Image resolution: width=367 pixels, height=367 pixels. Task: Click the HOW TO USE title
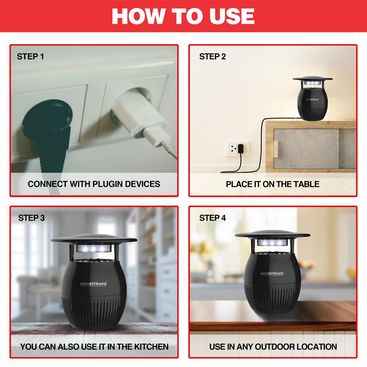point(183,15)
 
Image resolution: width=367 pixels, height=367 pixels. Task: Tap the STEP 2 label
point(212,57)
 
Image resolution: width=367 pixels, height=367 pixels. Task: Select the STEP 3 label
point(32,218)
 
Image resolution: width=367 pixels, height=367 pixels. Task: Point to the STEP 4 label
point(212,218)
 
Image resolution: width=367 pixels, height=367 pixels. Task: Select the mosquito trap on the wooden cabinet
point(313,99)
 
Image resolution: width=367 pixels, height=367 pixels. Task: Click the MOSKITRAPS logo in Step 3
point(90,283)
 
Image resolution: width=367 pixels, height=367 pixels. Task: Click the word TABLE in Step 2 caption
point(307,184)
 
